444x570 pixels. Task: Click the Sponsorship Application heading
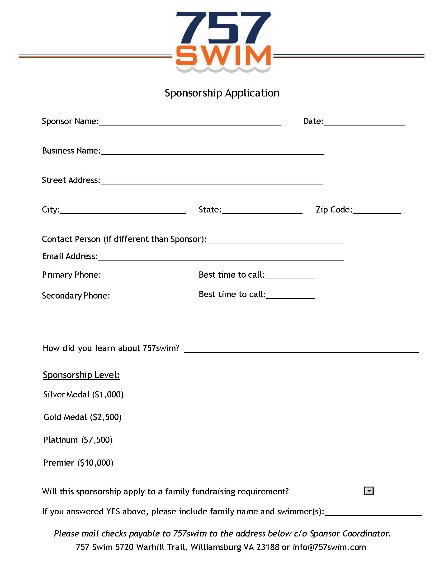click(x=222, y=93)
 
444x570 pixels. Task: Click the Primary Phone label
click(x=71, y=275)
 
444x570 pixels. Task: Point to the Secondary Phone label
click(x=76, y=295)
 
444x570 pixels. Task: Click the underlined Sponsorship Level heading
click(x=81, y=375)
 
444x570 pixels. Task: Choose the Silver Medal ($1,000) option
click(x=83, y=394)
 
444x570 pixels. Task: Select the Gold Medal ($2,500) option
click(x=82, y=417)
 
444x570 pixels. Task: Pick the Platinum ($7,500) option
click(x=78, y=440)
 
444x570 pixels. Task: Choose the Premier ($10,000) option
click(x=78, y=463)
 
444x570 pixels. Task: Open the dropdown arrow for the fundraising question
click(x=369, y=491)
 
